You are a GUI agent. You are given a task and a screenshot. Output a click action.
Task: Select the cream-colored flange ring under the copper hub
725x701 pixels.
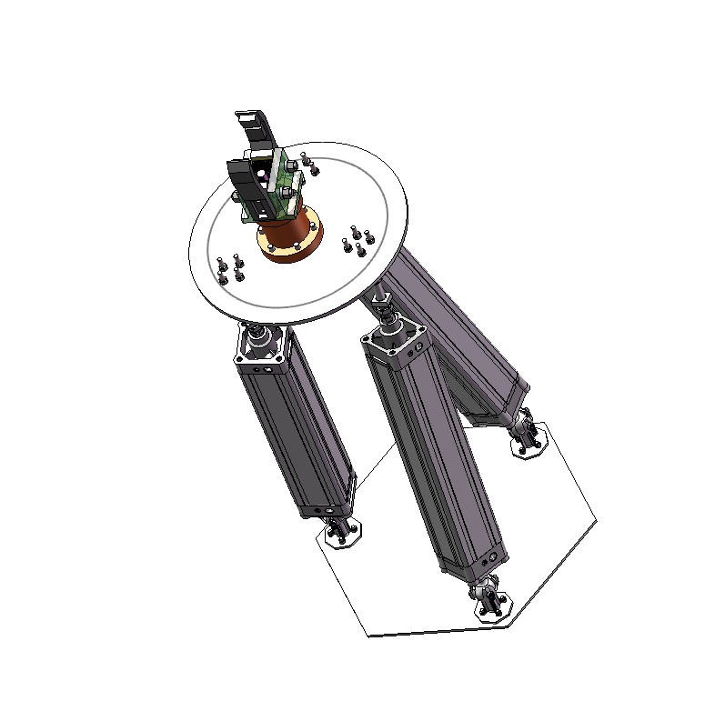click(293, 249)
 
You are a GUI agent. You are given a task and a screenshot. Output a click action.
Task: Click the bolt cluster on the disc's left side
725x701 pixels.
click(230, 267)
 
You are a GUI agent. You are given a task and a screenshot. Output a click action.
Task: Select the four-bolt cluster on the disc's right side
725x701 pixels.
click(357, 241)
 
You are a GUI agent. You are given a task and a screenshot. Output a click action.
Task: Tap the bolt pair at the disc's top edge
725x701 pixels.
click(309, 164)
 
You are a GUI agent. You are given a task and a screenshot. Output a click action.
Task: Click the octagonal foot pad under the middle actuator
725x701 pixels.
click(491, 603)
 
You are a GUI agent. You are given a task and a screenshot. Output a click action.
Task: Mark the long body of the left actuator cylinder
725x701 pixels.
click(296, 432)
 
